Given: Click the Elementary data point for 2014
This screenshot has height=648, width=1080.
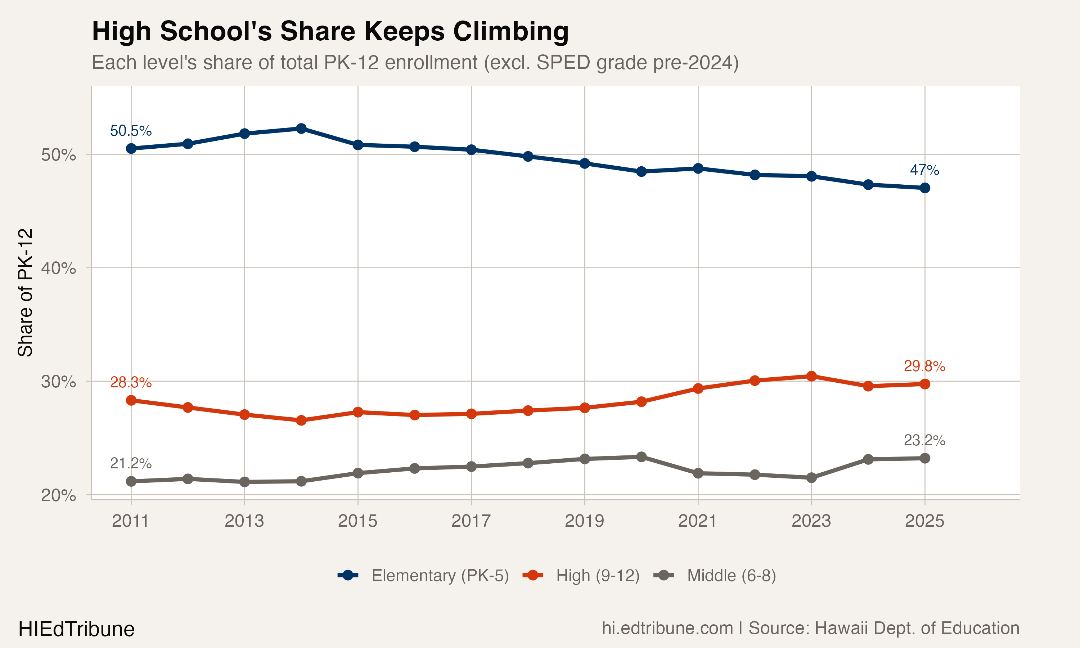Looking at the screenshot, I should [301, 129].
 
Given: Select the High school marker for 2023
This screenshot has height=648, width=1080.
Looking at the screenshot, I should [811, 376].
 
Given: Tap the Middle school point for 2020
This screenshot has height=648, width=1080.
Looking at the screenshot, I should [641, 457].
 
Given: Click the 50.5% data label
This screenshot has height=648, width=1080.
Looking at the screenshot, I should [131, 131].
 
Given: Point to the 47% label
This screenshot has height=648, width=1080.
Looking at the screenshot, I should [924, 170].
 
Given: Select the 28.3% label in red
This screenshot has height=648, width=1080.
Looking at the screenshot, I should [131, 383].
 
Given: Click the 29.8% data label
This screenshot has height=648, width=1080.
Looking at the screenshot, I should [924, 366].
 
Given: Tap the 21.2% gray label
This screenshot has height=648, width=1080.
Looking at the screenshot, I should [131, 463].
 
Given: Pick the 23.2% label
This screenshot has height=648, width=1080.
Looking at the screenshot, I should [924, 440].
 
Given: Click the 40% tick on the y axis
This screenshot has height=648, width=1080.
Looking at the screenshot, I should [58, 268].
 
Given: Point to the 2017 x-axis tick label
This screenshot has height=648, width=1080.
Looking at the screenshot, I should [471, 521].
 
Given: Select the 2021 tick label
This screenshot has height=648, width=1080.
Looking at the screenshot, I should [698, 521].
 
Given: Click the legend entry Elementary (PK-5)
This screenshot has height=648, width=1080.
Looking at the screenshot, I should [440, 576].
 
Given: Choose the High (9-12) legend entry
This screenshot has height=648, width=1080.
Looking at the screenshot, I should [597, 576].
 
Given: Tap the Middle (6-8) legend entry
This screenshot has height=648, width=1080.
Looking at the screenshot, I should [731, 576].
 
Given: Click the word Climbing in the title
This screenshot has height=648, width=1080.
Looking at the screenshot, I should [511, 31].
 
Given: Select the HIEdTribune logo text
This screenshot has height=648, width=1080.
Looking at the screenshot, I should [76, 629].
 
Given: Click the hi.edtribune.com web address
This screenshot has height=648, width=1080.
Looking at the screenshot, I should [667, 628].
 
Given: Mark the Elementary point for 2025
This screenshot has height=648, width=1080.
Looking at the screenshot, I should [924, 188].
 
